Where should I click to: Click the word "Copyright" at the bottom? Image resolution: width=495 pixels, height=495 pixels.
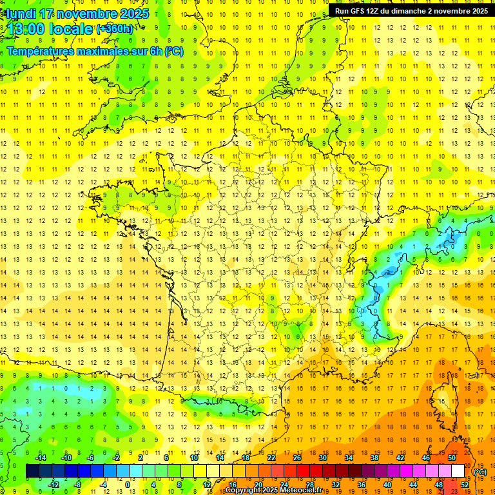(x=246, y=490)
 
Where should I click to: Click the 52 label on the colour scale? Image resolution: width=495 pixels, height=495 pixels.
(x=465, y=484)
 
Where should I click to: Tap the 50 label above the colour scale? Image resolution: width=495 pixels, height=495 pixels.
(x=452, y=458)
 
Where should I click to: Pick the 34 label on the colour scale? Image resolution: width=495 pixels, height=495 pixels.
(x=349, y=458)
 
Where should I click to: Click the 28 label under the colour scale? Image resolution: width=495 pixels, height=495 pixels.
(x=310, y=484)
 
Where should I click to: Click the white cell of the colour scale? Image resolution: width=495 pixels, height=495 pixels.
(x=458, y=471)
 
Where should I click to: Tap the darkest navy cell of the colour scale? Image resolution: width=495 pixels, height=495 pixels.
(x=33, y=471)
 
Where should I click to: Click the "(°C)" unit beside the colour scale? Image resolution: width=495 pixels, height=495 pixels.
(x=480, y=471)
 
